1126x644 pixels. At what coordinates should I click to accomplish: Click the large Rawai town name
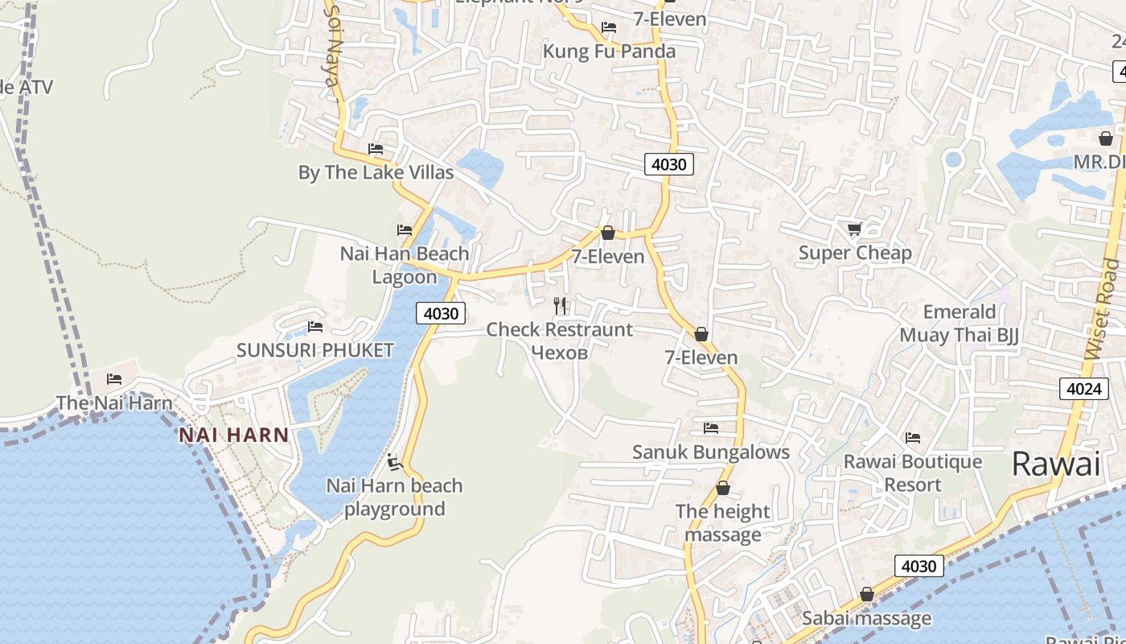coord(1055,464)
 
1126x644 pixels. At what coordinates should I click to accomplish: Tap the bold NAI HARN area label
coord(233,436)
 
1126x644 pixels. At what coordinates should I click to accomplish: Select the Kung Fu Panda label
coord(609,52)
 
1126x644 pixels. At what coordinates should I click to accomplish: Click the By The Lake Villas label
coord(376,172)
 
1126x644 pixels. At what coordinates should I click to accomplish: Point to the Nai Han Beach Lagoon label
coord(405,266)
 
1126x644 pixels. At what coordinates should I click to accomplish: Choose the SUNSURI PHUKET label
coord(314,350)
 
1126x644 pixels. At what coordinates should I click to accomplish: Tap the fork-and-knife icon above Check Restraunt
coord(560,306)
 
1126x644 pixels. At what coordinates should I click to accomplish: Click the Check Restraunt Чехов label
coord(560,341)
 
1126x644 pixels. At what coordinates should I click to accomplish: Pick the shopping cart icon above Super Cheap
coord(854,229)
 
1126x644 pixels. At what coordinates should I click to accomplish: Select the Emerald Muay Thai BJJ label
coord(959,324)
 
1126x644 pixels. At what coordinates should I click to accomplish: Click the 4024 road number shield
coord(1083,390)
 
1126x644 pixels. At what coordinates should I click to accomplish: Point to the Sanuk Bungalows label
coord(711,452)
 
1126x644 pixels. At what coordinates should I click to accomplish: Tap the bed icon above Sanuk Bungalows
coord(711,428)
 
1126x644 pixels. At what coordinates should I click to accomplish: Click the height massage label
coord(722,523)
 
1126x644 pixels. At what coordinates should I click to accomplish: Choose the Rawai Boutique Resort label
coord(912,473)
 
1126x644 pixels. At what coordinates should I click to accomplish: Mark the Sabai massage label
coord(866,618)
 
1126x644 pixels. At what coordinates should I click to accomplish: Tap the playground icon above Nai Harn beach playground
coord(394,462)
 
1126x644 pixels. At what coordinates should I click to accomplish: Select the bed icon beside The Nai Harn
coord(114,379)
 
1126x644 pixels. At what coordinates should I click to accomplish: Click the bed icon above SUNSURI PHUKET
coord(315,327)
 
